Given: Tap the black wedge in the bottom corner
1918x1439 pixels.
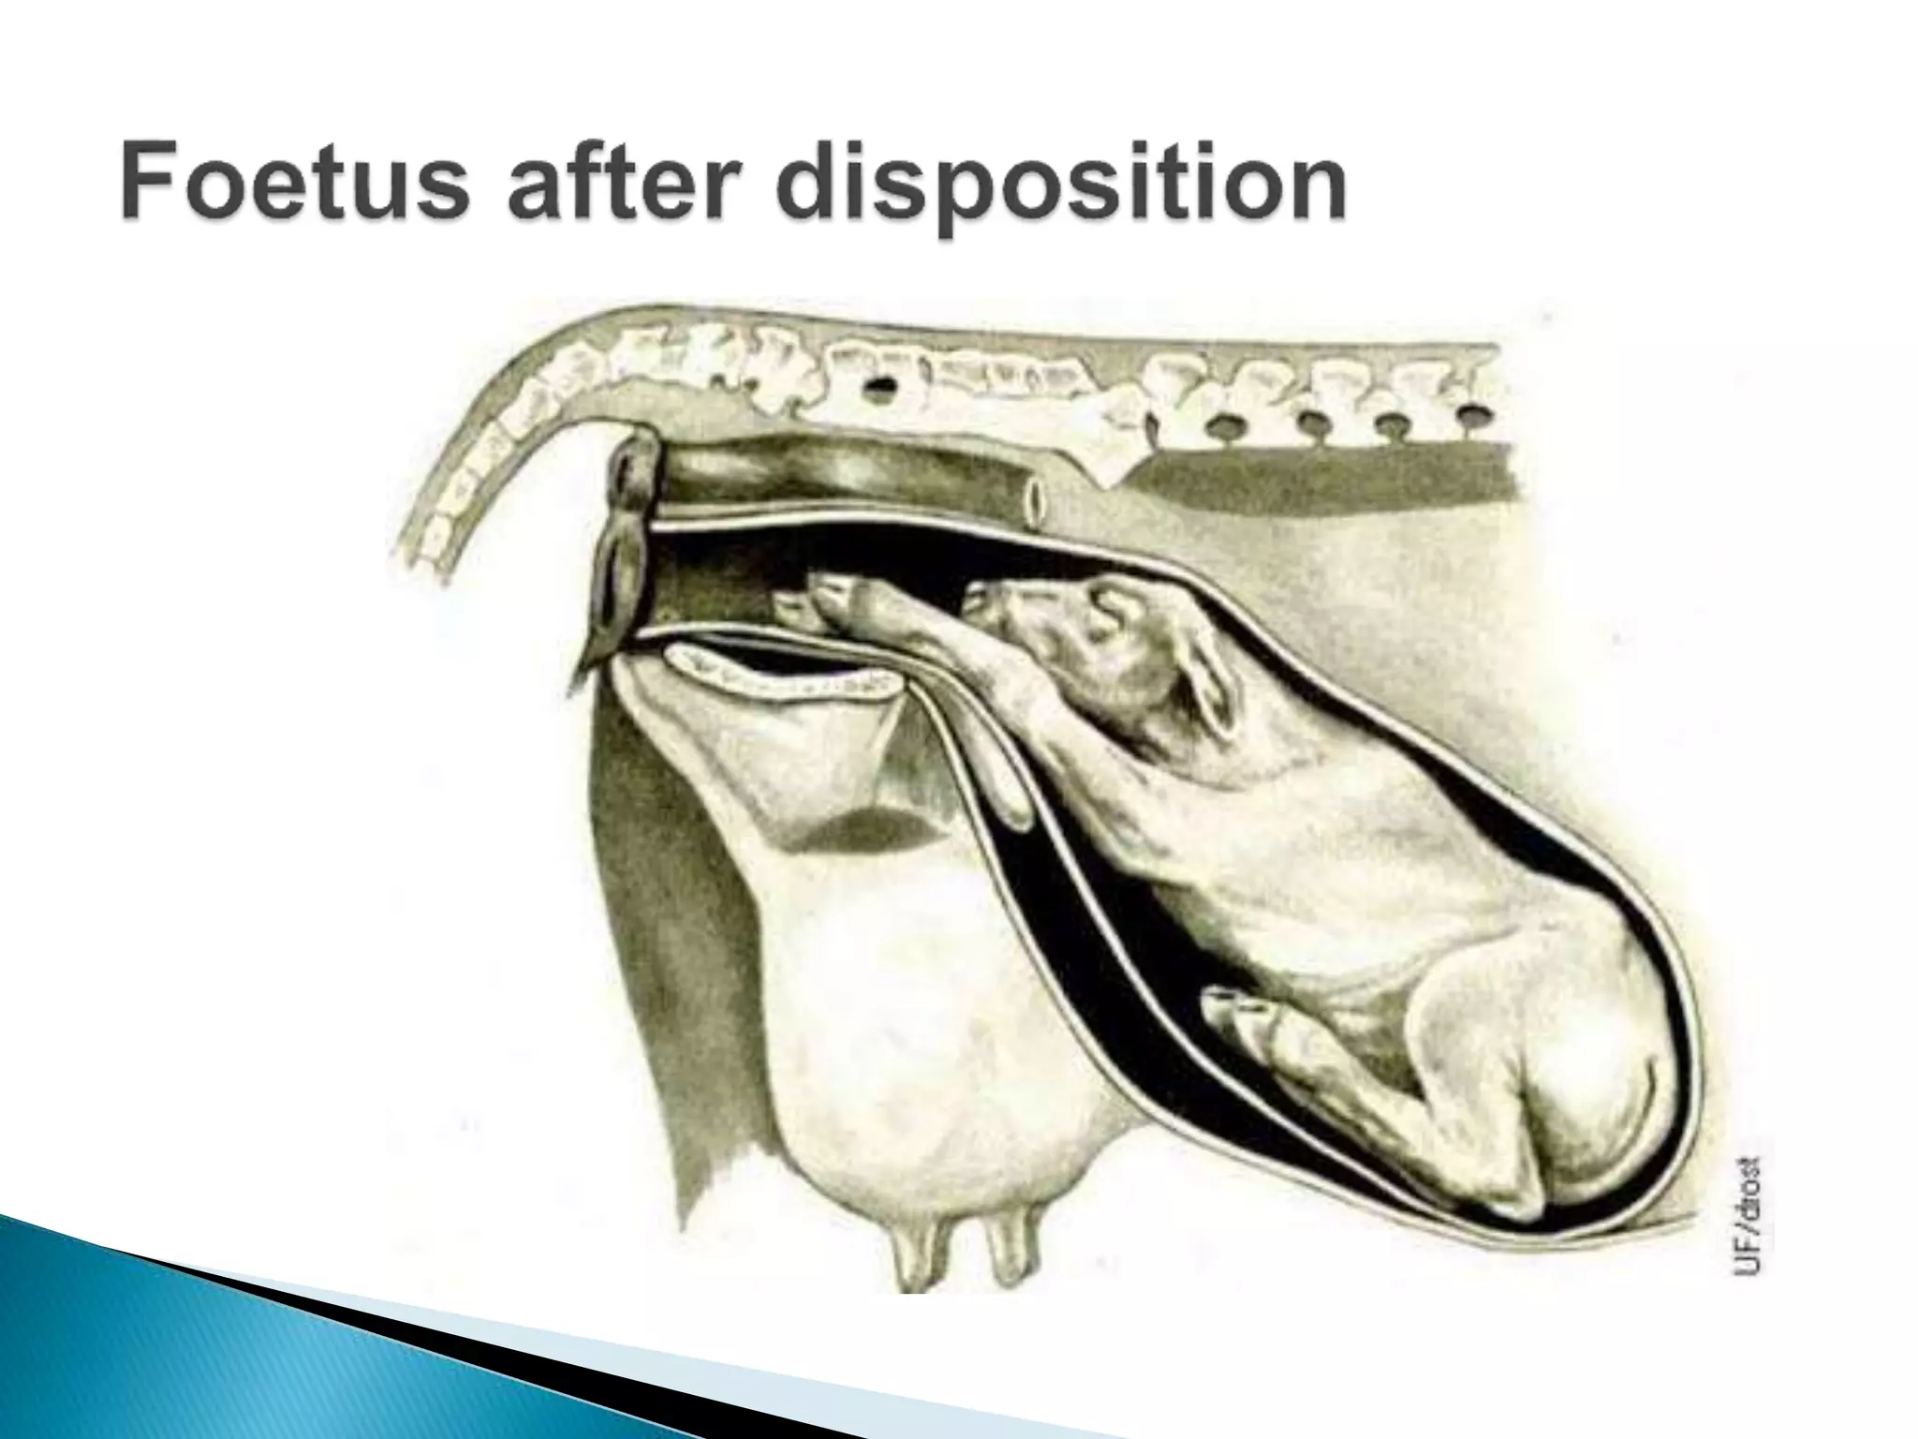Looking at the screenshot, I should pyautogui.click(x=468, y=1377).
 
